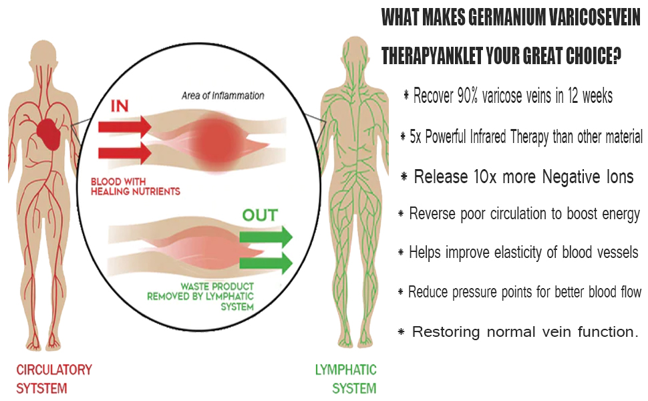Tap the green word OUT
(260, 216)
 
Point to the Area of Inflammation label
(222, 96)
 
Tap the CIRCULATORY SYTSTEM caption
(54, 378)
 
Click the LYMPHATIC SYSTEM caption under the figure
(345, 378)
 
